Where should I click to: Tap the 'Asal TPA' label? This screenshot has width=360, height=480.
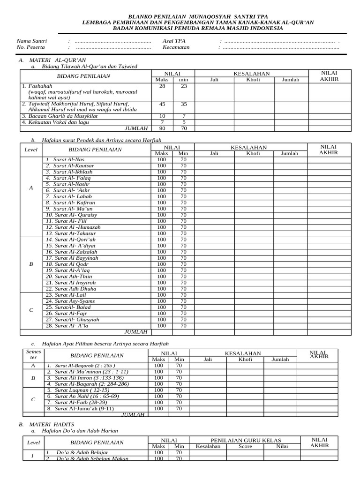pos(174,41)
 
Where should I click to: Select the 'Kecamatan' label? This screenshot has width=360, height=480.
pos(176,47)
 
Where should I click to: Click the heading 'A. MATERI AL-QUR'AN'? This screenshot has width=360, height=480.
pos(52,60)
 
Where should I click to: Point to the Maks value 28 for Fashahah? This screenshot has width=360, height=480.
pos(162,86)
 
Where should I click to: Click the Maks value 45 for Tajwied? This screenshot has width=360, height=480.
pos(162,104)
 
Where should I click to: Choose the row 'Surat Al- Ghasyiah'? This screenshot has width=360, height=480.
pos(74,319)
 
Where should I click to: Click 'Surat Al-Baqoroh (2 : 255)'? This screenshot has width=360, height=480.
pos(85,366)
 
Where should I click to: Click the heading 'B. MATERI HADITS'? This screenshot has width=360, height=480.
pos(46,424)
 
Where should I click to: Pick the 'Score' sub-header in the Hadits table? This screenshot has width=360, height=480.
pos(245,447)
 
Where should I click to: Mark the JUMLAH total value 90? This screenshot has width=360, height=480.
pos(162,128)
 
